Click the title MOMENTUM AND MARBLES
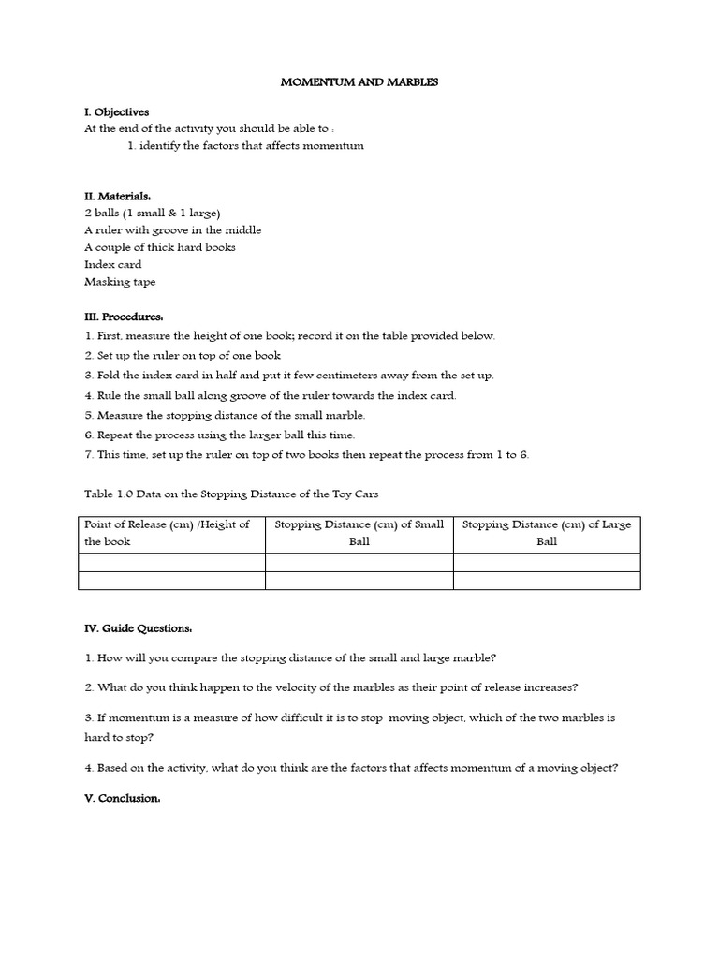coord(359,82)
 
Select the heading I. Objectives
coord(117,112)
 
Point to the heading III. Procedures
coord(124,317)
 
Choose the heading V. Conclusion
coord(123,799)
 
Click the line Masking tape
coord(120,282)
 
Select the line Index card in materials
coord(113,265)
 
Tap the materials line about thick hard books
coord(160,247)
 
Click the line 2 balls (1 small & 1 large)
coord(153,214)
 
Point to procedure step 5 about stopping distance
coord(225,415)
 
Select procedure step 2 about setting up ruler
coord(183,356)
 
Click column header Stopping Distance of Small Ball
coord(359,533)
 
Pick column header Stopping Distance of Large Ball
coord(547,533)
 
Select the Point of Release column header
coord(171,533)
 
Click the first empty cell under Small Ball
coord(359,563)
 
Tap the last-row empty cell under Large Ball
coord(547,581)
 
